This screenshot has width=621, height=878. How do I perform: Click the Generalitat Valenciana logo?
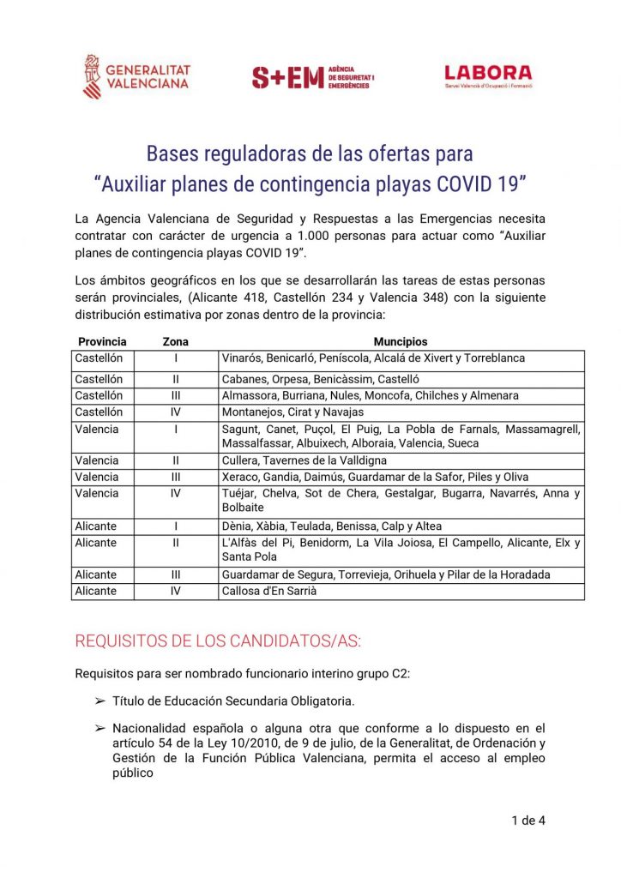click(x=136, y=76)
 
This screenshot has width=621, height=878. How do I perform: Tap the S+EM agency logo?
click(x=312, y=77)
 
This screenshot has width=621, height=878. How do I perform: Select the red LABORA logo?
click(x=488, y=76)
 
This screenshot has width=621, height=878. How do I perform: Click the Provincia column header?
click(x=102, y=341)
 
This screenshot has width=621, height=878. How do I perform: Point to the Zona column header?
click(x=176, y=341)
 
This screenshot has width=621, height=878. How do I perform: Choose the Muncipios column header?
click(x=401, y=341)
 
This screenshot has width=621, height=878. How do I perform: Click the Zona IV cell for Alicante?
click(x=176, y=591)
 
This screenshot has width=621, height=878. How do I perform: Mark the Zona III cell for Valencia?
click(x=176, y=477)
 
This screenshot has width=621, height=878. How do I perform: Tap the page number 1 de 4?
click(x=528, y=821)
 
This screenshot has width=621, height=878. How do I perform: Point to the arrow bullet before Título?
click(x=99, y=701)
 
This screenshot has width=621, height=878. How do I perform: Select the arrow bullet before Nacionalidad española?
click(x=99, y=728)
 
